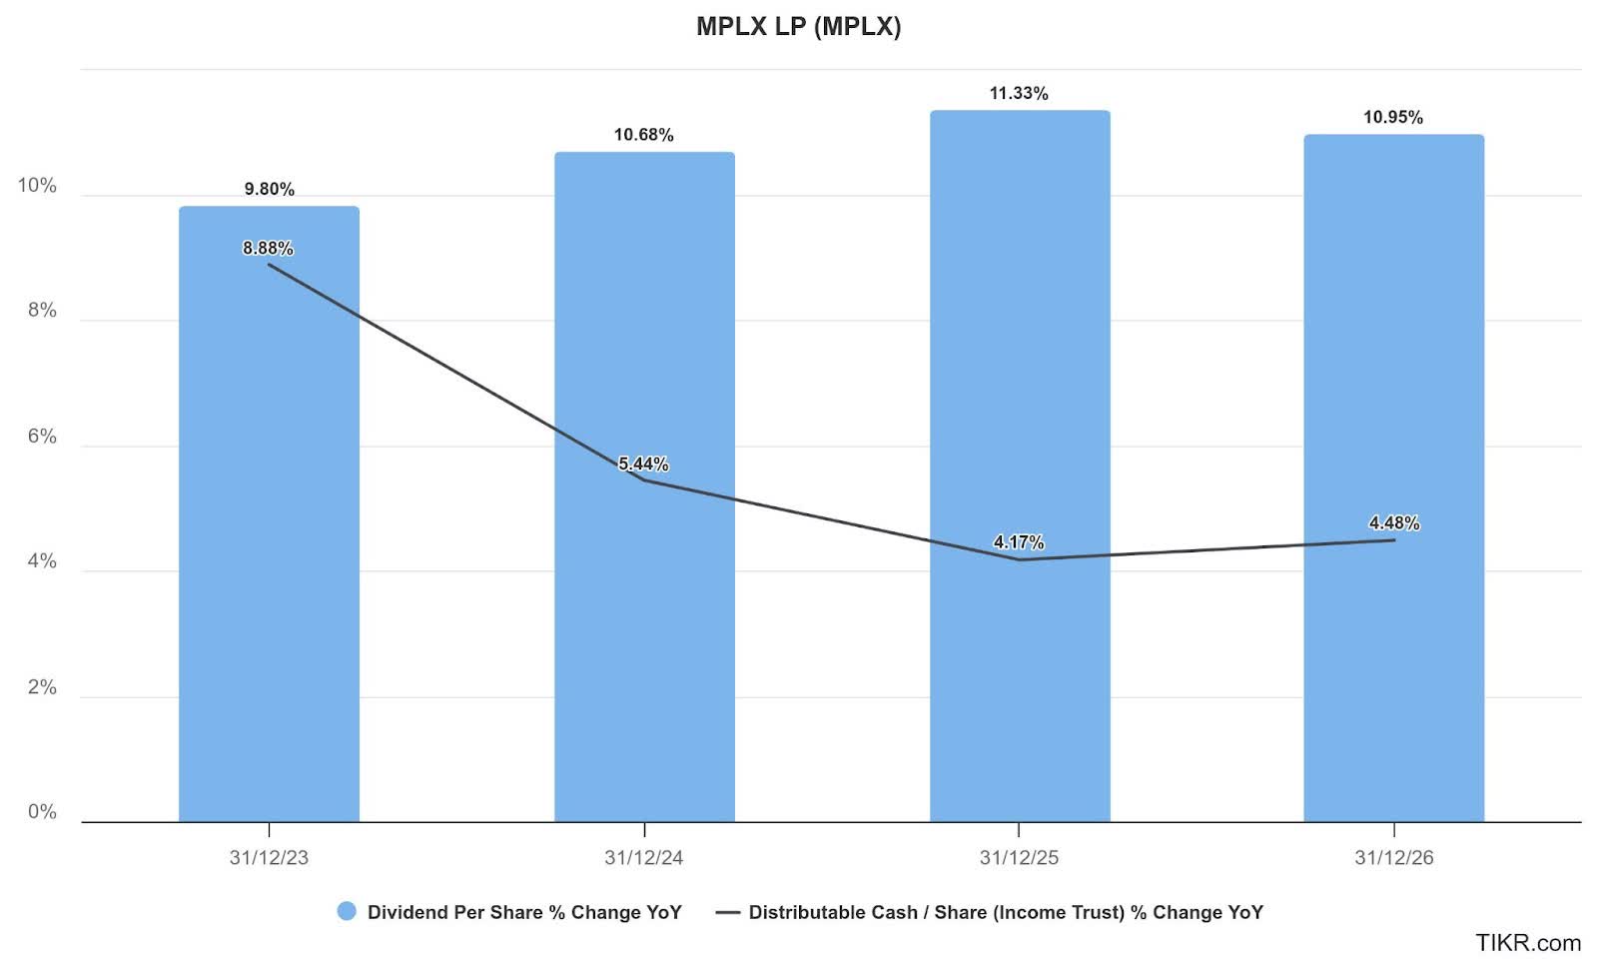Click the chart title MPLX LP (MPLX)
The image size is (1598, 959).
798,27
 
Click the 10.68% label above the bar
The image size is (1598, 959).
643,135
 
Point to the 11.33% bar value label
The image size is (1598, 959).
1019,93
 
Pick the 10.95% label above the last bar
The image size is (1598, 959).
1393,117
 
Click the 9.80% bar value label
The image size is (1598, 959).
269,189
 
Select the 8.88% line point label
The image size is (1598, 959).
268,248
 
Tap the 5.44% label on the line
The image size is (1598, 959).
643,464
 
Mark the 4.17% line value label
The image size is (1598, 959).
1019,542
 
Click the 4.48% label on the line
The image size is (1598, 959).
1393,522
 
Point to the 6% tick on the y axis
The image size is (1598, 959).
42,437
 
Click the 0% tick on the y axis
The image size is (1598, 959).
42,812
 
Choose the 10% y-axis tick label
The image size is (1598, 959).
37,186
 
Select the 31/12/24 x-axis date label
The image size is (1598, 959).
643,857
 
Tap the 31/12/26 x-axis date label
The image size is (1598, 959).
1393,857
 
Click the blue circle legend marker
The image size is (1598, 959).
347,911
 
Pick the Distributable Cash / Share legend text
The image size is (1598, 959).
1006,912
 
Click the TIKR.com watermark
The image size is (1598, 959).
1528,942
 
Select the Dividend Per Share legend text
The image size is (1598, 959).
524,912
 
